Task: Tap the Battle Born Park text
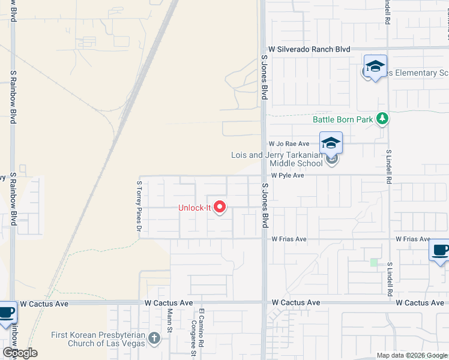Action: pos(343,119)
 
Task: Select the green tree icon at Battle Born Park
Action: pos(382,119)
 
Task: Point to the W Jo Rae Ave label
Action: pos(288,144)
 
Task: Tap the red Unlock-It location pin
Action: pos(220,208)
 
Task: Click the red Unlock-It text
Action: pos(194,208)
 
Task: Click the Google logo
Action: pos(19,353)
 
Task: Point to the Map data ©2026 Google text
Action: pos(411,355)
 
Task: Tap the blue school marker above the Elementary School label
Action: pos(375,67)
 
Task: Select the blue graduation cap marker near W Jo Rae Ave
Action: pos(331,143)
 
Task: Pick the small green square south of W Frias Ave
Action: pos(375,262)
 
